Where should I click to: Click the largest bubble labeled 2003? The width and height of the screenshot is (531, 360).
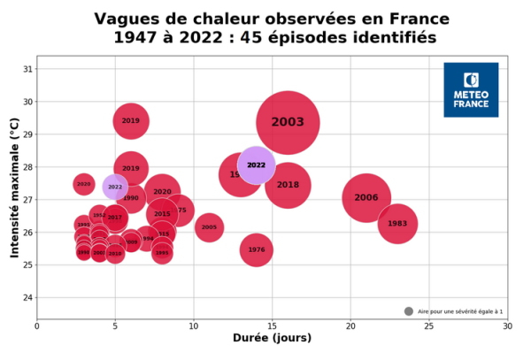pos(288,123)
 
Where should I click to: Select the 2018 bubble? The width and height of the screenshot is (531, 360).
pos(288,185)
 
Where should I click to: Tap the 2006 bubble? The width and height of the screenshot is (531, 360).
pos(366,198)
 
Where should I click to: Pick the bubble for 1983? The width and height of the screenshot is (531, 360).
pos(397,224)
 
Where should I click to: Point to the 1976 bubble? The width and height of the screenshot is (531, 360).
pos(257,249)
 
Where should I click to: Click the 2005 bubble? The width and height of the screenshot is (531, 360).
pos(209,228)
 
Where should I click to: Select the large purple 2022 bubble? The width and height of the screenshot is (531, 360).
pos(257,165)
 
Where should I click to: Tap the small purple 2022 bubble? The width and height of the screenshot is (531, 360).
pos(115,187)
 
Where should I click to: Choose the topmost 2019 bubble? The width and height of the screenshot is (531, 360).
pos(131,120)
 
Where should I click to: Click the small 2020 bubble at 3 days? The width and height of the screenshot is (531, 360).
pos(83,184)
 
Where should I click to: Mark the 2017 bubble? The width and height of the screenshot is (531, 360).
pos(115,217)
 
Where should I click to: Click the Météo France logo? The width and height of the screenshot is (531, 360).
pos(471,90)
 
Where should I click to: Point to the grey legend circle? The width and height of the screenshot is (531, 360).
pos(409,311)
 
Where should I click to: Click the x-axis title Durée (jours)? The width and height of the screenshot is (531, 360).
pos(272,338)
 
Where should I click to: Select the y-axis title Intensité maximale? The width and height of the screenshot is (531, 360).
pos(15,190)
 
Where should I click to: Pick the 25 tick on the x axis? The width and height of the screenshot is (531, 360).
pos(428,326)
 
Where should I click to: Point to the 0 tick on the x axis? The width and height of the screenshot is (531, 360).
pos(37,326)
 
